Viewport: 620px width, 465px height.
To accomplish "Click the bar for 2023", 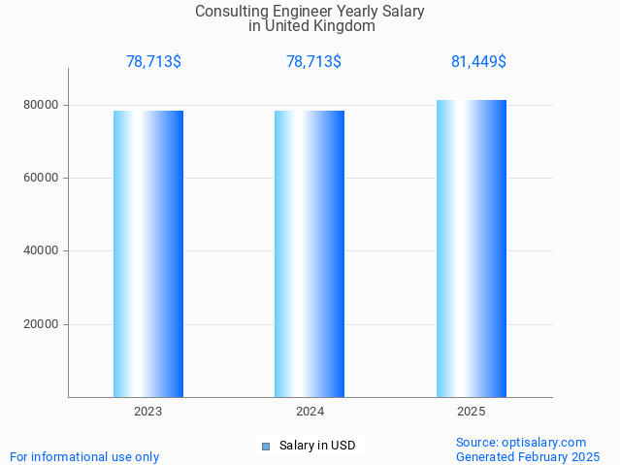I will click(148, 253).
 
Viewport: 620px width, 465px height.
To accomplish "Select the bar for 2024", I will click(310, 253).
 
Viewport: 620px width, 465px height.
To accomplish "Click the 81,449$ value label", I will click(478, 62).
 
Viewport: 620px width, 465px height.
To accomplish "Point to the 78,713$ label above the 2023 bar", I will click(153, 62).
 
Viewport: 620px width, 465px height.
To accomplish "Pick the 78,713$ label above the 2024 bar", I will click(313, 62).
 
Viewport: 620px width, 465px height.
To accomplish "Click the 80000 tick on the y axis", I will click(43, 105).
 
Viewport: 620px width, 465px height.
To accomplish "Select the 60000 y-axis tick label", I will click(43, 178).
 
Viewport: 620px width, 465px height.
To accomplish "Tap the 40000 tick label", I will click(43, 251).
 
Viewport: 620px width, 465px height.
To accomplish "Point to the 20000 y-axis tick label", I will click(43, 324).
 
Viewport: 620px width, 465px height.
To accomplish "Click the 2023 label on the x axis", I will click(148, 412).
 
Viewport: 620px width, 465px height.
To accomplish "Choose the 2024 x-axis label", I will click(310, 412).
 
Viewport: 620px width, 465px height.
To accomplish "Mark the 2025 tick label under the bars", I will click(471, 412).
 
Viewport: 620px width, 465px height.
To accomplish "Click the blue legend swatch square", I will click(266, 447).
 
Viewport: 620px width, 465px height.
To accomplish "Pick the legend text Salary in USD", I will click(316, 447).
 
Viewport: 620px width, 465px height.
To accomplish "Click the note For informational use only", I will click(84, 456).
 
